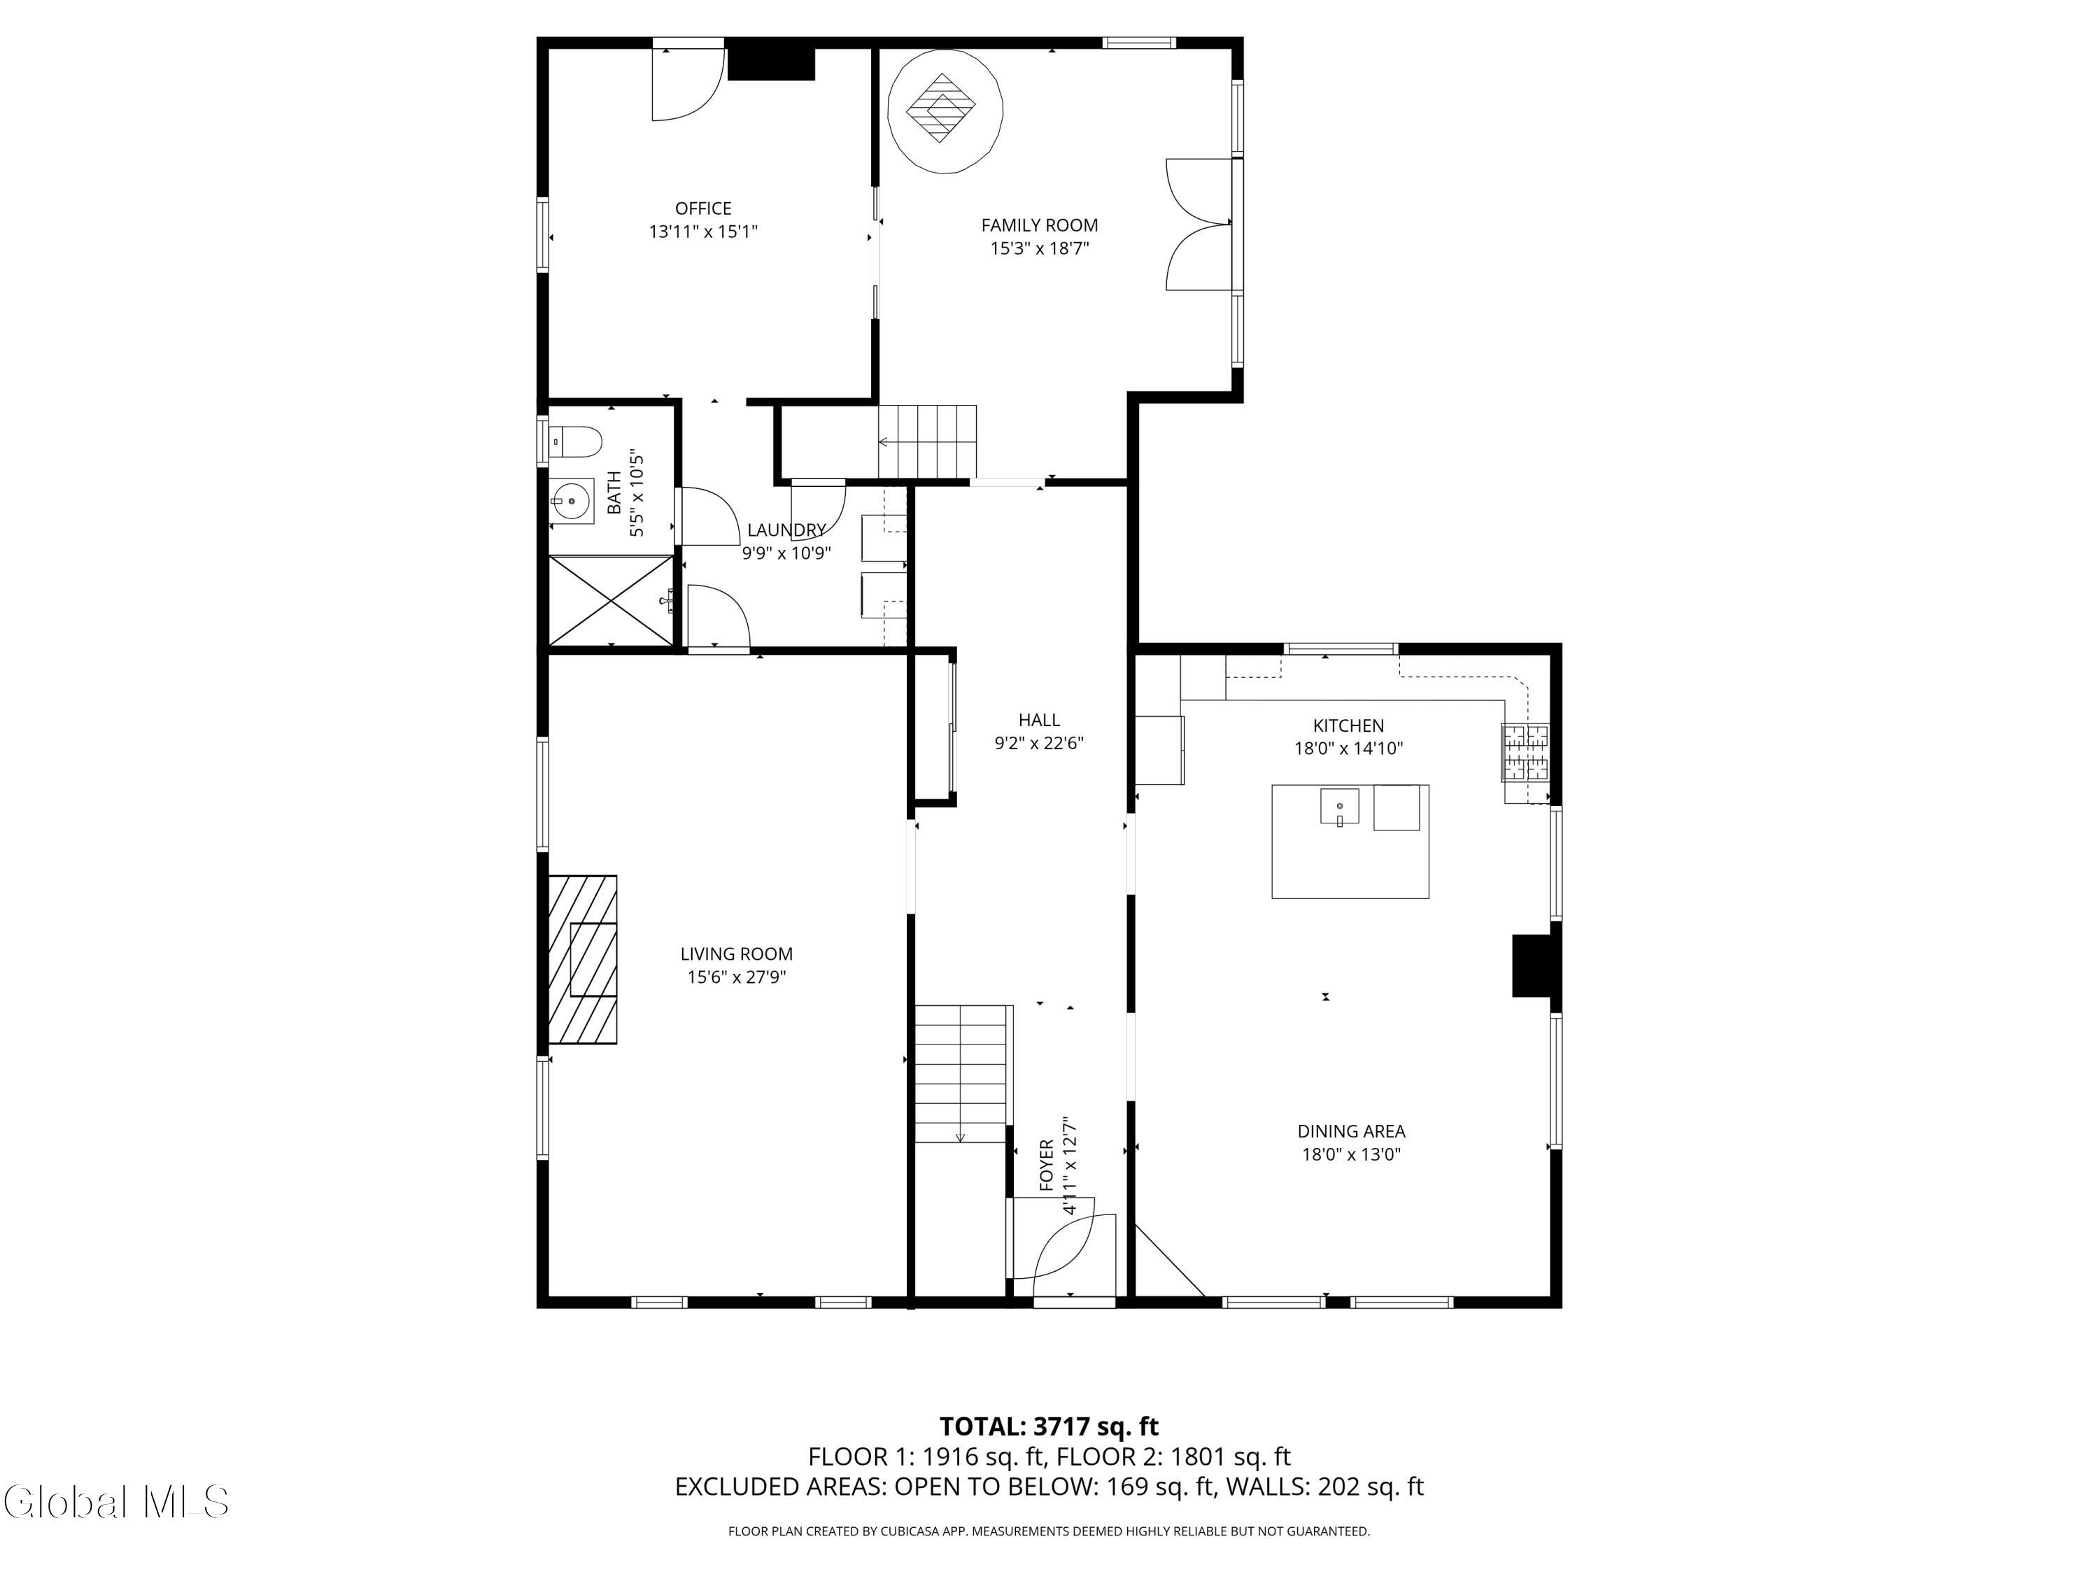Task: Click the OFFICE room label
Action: point(703,208)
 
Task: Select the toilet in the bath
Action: point(577,441)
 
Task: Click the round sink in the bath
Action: point(572,500)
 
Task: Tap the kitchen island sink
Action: point(1339,807)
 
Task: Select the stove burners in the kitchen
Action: point(1525,752)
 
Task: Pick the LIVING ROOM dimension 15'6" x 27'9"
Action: point(736,977)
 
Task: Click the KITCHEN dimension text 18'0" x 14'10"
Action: point(1348,749)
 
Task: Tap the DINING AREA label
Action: point(1351,1131)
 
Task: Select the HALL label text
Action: point(1039,720)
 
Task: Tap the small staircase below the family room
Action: point(927,441)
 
